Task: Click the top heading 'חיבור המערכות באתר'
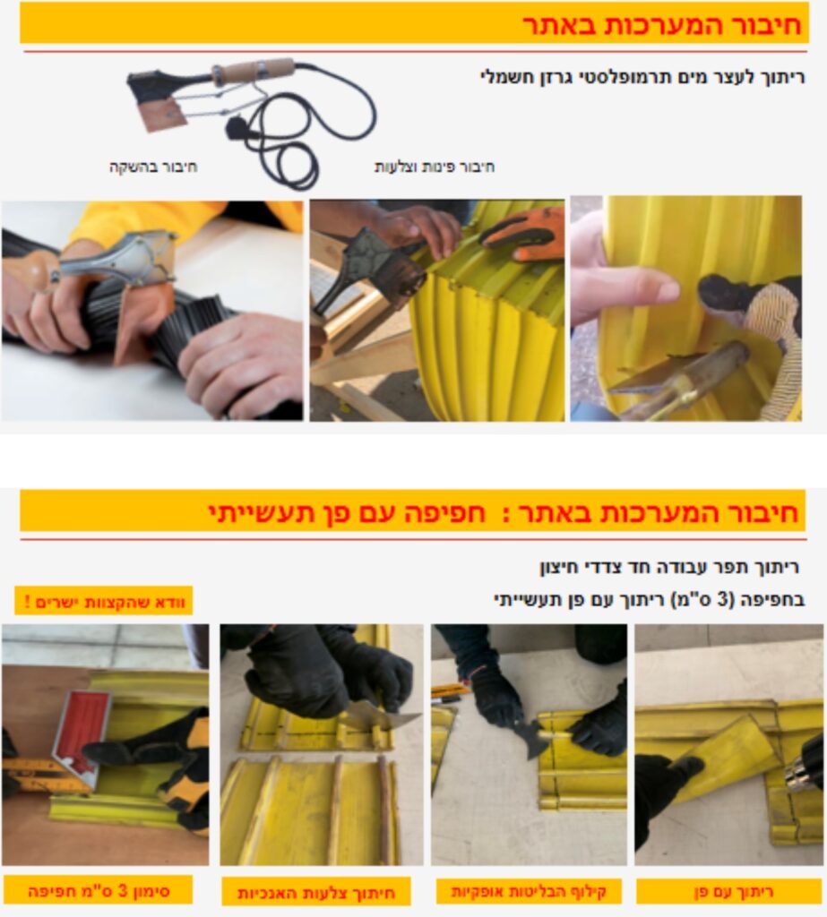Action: coord(662,25)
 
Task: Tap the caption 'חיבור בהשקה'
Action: coord(153,167)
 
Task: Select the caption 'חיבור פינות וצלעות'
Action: coord(435,167)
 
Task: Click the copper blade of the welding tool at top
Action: coord(165,114)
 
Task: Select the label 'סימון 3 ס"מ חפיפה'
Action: coord(99,891)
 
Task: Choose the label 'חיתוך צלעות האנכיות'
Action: coord(316,893)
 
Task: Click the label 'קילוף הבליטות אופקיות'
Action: coord(529,891)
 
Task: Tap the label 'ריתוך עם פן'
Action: coord(733,891)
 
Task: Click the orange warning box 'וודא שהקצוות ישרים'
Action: coord(104,601)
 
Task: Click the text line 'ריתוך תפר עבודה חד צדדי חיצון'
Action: coord(669,567)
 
